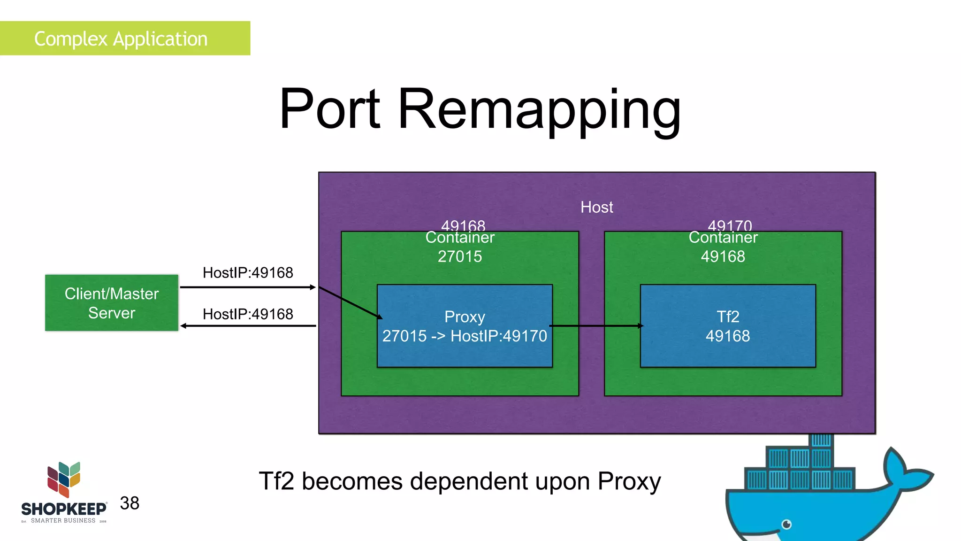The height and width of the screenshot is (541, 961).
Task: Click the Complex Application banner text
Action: click(x=121, y=39)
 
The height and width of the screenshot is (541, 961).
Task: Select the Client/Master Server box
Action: click(x=112, y=303)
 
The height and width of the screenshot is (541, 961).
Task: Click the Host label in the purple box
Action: click(x=596, y=207)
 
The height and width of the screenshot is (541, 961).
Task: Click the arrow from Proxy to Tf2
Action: click(x=596, y=325)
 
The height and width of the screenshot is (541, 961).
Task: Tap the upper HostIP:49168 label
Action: click(x=248, y=272)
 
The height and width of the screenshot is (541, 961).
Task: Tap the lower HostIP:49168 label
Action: click(x=248, y=314)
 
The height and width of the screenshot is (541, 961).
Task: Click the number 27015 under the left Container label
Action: click(x=460, y=256)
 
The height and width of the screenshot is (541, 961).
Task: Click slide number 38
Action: click(x=130, y=503)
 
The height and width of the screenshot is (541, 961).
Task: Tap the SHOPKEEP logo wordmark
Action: click(x=64, y=509)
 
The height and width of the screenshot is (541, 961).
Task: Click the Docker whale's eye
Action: click(x=787, y=524)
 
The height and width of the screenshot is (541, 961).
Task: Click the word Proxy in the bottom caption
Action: click(x=629, y=482)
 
